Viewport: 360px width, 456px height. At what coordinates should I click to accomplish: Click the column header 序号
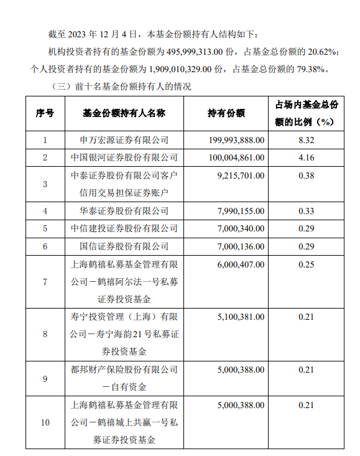tap(45, 113)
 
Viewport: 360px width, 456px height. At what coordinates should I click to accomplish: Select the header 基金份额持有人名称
tap(124, 113)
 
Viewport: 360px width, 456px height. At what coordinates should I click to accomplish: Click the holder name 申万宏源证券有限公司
tap(124, 141)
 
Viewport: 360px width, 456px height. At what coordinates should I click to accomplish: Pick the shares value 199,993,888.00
tap(234, 141)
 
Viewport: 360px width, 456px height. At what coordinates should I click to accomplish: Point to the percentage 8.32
tap(307, 141)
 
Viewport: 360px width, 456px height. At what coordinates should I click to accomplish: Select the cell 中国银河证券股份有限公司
tap(124, 158)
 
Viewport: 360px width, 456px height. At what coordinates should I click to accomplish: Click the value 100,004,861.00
tap(234, 158)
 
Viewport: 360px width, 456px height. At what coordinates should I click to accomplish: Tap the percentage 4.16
tap(307, 158)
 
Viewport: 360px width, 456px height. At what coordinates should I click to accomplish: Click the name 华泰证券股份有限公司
tap(124, 211)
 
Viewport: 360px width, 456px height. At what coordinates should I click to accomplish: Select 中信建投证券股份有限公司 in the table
tap(124, 228)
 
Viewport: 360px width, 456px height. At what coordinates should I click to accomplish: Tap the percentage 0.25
tap(307, 264)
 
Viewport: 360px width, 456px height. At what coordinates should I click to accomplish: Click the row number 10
tap(45, 423)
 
